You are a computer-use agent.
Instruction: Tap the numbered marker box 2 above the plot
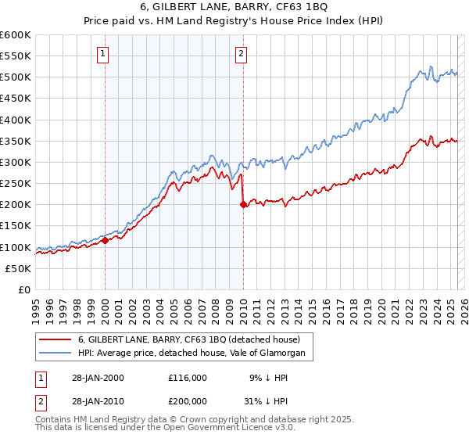(242, 54)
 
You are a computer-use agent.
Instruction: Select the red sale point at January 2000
(105, 241)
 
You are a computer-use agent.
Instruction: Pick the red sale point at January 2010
(242, 205)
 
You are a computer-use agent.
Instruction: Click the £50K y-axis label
(18, 268)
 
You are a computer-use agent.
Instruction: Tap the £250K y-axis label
(15, 184)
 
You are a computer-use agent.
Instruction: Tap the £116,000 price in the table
(188, 377)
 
